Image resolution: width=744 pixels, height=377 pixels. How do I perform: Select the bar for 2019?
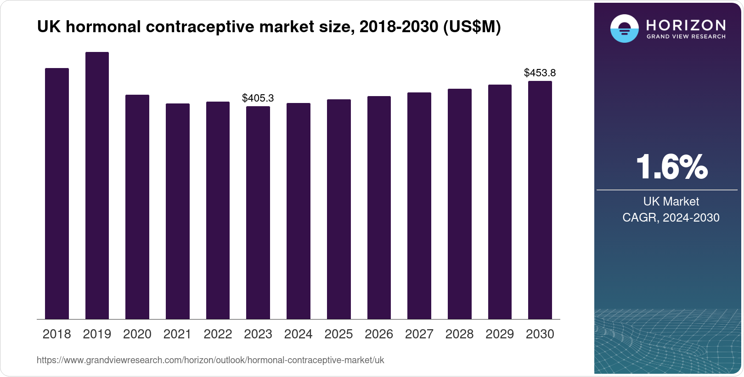point(97,186)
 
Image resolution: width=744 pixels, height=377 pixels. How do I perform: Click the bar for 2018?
point(57,194)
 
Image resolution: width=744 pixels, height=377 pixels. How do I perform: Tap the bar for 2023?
point(258,212)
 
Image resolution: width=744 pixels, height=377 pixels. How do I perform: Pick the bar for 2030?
point(540,200)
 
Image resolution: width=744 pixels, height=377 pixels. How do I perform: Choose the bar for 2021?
point(177,211)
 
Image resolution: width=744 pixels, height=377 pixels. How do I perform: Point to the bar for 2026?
point(379,207)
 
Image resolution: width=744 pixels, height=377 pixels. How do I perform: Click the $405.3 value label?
point(258,98)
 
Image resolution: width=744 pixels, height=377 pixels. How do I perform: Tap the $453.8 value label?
point(540,73)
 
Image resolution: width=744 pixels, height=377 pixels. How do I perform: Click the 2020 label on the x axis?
point(137,334)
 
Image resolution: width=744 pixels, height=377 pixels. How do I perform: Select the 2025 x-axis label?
point(338,334)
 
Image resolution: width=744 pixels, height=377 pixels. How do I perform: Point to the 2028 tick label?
point(459,334)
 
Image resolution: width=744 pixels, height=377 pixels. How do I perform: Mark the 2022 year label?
point(218,334)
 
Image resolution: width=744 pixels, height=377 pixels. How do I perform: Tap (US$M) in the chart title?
point(472,27)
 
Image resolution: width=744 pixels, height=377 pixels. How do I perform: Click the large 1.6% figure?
point(671,167)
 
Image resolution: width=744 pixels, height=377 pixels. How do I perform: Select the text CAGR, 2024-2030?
point(671,217)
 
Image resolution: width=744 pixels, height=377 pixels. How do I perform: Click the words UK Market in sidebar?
point(671,201)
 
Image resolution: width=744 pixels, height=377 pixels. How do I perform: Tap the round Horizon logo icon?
point(624,29)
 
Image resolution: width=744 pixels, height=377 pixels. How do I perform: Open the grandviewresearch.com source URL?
point(210,360)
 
